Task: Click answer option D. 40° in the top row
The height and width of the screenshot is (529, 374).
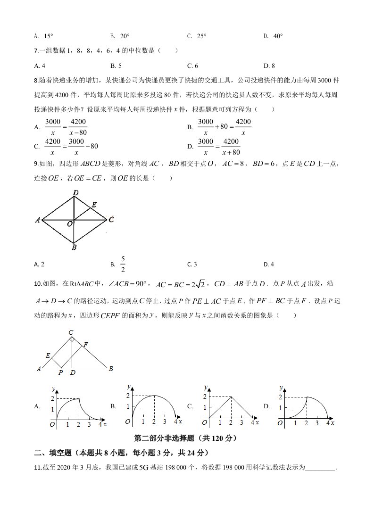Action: (273, 36)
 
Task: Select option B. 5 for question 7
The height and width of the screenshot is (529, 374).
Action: (116, 66)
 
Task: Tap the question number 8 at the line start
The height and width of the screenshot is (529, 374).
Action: (36, 81)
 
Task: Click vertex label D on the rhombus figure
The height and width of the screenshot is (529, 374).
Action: (75, 192)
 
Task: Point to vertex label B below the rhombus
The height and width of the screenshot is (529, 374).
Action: (75, 247)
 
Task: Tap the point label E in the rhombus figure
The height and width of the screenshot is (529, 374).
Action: (94, 205)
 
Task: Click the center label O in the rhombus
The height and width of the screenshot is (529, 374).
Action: (70, 224)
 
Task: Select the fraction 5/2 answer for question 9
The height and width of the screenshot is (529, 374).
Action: (123, 264)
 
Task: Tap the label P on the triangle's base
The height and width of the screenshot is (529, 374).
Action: (60, 372)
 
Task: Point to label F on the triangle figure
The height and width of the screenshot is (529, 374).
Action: (85, 344)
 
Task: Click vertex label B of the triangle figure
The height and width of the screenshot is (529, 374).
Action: (111, 369)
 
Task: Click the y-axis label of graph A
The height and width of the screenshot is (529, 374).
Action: (54, 388)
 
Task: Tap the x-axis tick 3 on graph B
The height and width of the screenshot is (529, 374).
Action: (165, 421)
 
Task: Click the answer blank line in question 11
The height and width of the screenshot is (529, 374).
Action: (321, 468)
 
